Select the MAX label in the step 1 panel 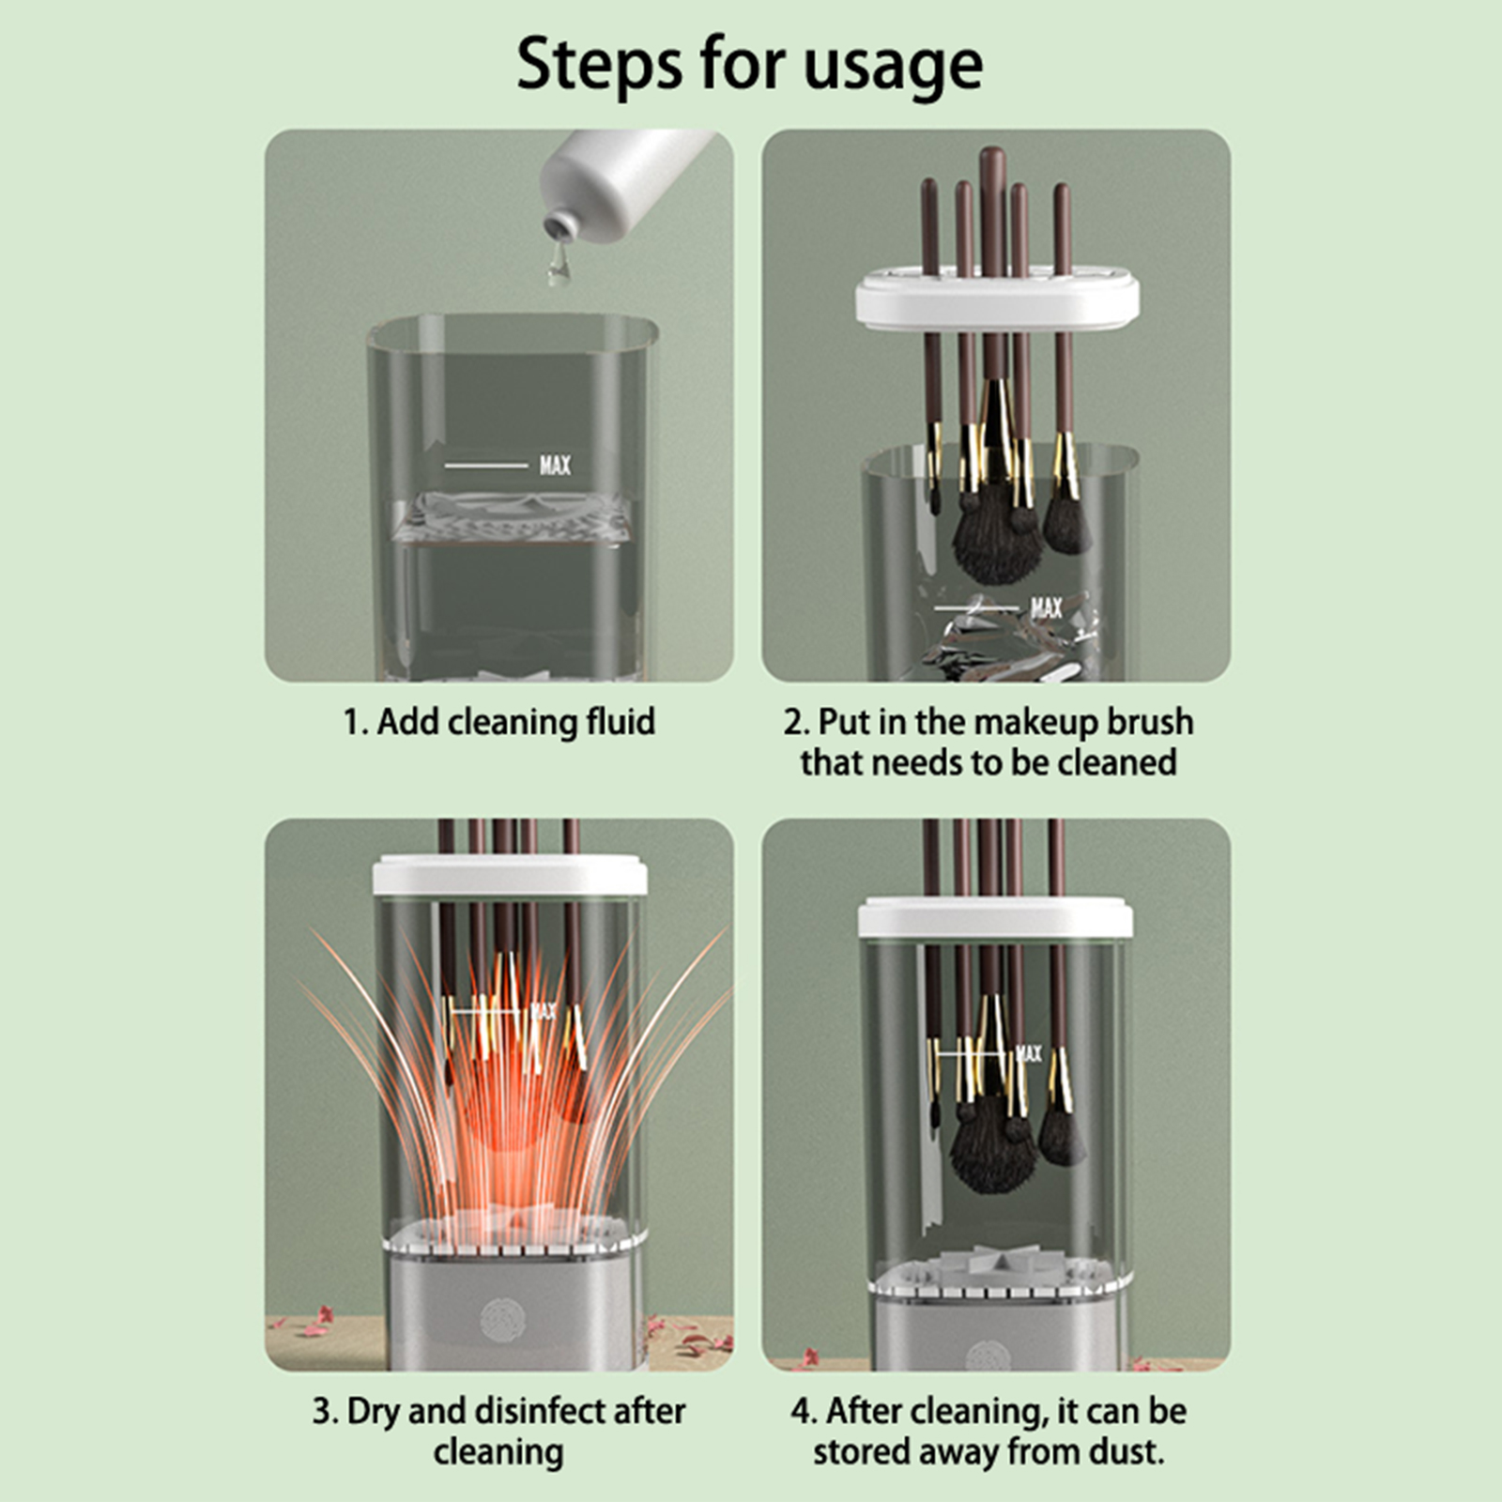click(555, 465)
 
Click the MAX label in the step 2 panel click(1047, 608)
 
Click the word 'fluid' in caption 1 click(621, 722)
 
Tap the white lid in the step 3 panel click(510, 875)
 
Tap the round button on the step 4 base click(988, 1355)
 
